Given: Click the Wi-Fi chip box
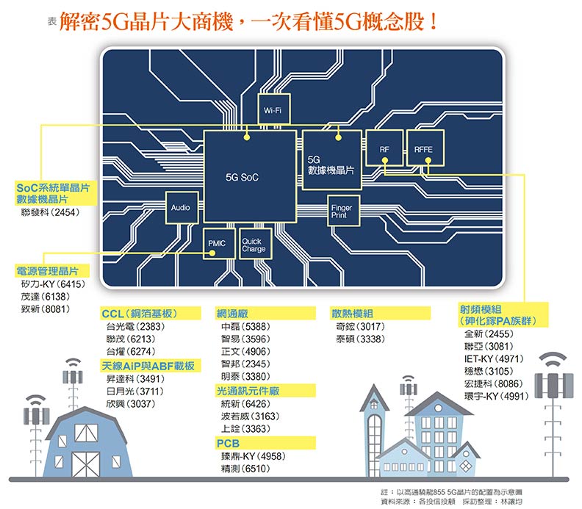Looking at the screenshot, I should [x=273, y=110].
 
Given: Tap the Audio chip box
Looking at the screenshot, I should [x=182, y=208].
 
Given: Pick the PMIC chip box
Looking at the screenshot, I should [x=216, y=243].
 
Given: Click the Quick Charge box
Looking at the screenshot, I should [x=254, y=245].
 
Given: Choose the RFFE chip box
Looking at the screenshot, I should [x=423, y=151].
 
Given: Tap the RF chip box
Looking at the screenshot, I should [x=384, y=151].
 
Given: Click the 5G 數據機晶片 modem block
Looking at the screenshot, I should [x=331, y=165].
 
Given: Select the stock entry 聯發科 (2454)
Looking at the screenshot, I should [x=51, y=212].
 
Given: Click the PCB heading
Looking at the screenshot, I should [x=228, y=444].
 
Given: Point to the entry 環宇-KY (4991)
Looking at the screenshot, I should [x=496, y=396].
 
